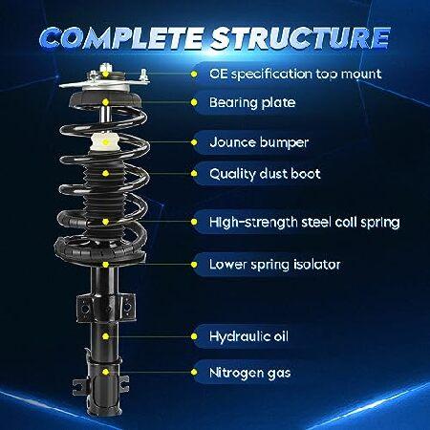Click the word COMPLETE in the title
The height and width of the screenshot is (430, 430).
coord(121,38)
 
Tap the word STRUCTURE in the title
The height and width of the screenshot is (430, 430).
coord(300,38)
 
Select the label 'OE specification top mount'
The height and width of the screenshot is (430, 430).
coord(295,75)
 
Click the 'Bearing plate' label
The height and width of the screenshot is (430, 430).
coord(252,102)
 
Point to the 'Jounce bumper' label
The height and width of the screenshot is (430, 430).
coord(259,142)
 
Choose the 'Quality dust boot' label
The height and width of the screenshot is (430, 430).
coord(265,174)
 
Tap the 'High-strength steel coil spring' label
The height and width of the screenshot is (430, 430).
coord(304,222)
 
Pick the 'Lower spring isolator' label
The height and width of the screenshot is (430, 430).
coord(274,265)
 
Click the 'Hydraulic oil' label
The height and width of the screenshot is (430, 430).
coord(248,336)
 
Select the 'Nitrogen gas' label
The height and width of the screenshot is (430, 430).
coord(249,373)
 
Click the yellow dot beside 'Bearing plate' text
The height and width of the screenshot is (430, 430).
coord(194,102)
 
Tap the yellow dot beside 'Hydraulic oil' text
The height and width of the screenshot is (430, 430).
coord(194,336)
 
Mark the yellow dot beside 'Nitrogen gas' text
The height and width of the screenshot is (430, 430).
coord(194,373)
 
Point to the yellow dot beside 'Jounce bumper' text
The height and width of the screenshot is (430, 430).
coord(194,142)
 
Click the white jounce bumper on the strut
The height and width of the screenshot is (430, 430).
coord(105,142)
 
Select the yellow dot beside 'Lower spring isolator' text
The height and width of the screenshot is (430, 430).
coord(194,265)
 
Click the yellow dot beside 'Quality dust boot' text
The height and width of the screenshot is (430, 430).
coord(194,174)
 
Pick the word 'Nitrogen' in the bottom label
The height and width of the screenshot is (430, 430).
coord(236,373)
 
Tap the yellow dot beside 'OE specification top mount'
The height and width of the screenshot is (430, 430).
coord(194,75)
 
